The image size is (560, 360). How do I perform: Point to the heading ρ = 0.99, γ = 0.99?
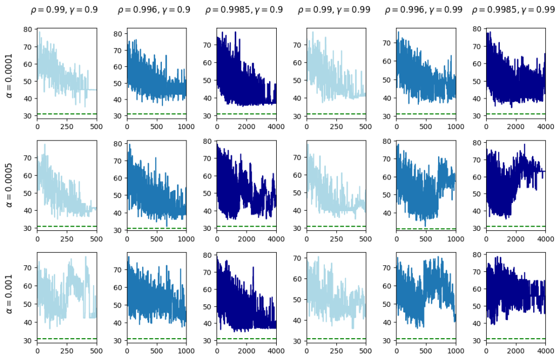click(336, 10)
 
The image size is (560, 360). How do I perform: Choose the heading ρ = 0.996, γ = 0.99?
click(425, 10)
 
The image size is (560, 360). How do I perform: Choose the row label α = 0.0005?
click(9, 185)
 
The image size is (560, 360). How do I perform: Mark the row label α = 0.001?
click(9, 298)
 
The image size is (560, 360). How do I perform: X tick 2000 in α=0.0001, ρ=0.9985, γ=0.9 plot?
click(246, 125)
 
